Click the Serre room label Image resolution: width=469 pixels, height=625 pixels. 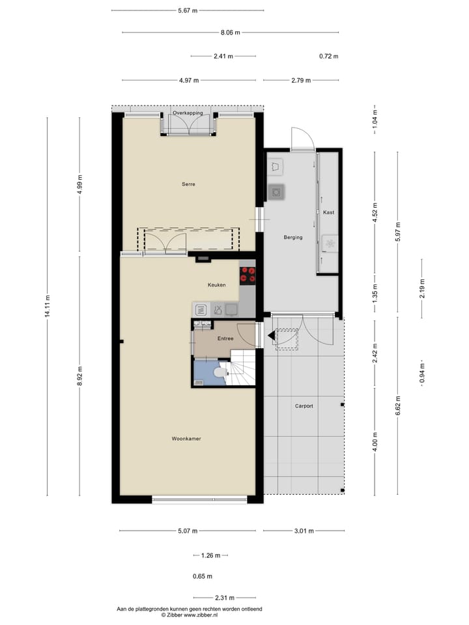coord(188,184)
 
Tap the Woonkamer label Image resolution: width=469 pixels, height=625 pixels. coord(186,439)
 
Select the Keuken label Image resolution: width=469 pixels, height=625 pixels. coord(216,285)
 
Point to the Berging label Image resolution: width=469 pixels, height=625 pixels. coord(293,237)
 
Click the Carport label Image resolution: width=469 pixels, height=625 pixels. coord(304,406)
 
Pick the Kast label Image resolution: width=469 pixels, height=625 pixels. coord(328,213)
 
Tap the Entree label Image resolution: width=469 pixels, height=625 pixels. coord(225,339)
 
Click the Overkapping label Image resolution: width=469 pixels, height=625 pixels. coord(188,113)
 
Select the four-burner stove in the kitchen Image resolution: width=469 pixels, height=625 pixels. coord(248,275)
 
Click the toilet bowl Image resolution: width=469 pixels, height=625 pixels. coord(220,373)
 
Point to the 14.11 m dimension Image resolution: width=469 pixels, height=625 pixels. coord(48,307)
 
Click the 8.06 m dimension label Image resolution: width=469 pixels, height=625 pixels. coord(231,32)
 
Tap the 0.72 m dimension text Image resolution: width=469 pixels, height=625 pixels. coord(329,56)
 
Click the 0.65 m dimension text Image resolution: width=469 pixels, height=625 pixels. coord(203,576)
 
